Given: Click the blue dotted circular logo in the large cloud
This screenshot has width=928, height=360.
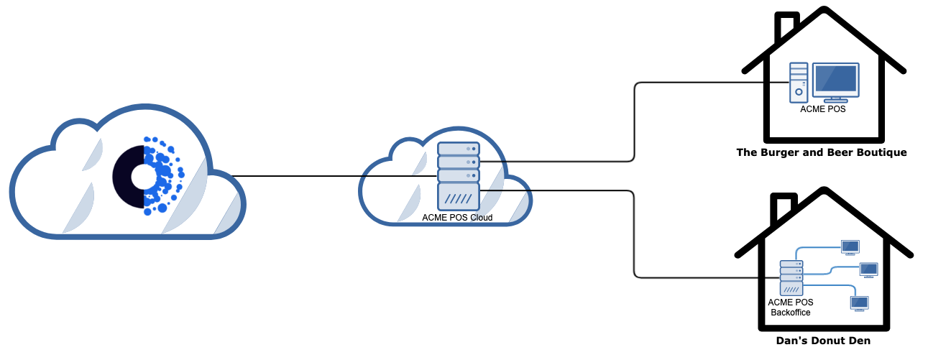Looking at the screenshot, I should click(149, 175).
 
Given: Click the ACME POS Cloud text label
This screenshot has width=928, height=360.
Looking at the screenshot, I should click(457, 218).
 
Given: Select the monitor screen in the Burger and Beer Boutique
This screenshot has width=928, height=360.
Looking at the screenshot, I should click(835, 79).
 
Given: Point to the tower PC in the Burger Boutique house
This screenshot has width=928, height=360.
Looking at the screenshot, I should click(799, 82).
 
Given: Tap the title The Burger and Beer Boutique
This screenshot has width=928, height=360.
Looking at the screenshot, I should click(821, 152).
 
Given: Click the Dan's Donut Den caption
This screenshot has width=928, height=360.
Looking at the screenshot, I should click(823, 341).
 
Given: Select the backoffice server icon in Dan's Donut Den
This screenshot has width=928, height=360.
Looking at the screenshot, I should click(790, 277).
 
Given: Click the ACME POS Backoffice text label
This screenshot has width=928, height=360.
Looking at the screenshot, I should click(790, 308).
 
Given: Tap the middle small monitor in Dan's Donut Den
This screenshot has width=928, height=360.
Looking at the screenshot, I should click(869, 270).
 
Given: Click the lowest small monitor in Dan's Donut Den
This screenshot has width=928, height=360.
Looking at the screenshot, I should click(859, 303).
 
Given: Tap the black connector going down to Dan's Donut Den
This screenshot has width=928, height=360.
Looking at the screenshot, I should click(634, 237).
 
